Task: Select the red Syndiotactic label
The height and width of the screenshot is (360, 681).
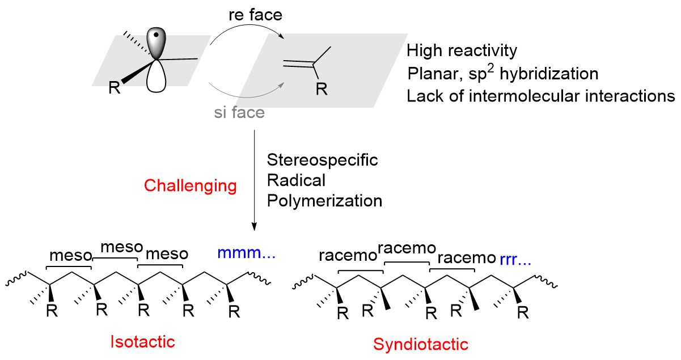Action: [x=421, y=344]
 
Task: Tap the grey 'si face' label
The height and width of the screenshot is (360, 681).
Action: [x=239, y=112]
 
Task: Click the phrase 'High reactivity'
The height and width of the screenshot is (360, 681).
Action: [x=462, y=51]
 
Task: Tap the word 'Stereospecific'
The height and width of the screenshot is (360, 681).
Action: [x=322, y=160]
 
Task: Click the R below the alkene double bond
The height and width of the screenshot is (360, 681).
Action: [x=320, y=88]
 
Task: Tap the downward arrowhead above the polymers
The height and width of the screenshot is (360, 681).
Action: [x=255, y=226]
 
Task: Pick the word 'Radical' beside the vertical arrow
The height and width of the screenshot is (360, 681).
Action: [x=296, y=180]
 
